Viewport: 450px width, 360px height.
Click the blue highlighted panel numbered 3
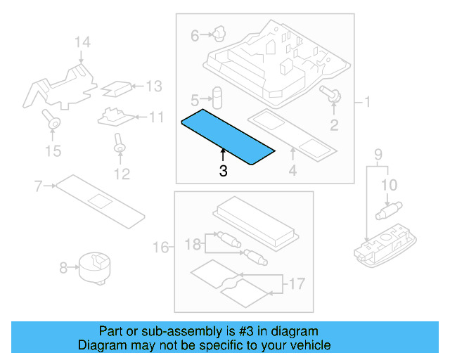click(226, 136)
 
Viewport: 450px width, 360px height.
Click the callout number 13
click(153, 86)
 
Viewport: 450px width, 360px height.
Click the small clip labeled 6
click(218, 32)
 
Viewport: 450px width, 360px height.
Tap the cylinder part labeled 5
click(218, 97)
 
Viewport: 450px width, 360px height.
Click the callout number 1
click(366, 103)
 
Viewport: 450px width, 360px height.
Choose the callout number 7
click(39, 186)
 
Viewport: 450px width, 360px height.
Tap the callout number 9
click(378, 154)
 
